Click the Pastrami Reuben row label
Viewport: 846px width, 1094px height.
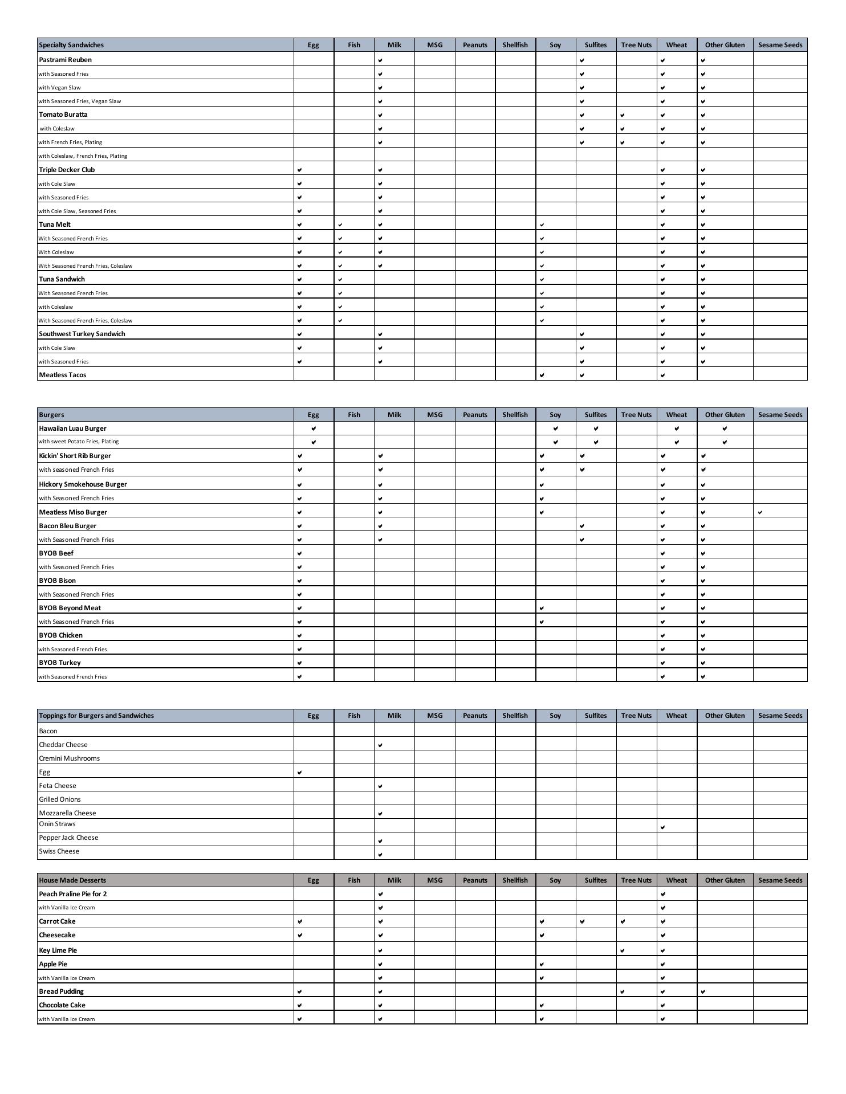(65, 60)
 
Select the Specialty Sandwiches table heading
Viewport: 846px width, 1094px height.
(71, 45)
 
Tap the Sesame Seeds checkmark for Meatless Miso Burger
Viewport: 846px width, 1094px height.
(760, 512)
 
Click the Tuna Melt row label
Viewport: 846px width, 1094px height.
(55, 224)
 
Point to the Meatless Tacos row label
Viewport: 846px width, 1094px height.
(63, 375)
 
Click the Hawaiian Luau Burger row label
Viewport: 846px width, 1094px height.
(72, 428)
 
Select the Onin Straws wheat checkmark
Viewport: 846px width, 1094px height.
(662, 827)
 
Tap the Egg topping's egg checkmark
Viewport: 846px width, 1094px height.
(300, 773)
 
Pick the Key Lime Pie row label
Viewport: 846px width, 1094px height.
(58, 950)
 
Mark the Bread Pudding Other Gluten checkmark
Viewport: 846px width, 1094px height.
(703, 991)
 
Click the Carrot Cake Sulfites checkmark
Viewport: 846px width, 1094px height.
(582, 921)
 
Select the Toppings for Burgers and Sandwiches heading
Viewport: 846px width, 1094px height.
(96, 716)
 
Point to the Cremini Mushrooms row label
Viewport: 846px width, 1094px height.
(69, 758)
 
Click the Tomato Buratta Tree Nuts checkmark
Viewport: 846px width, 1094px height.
(623, 115)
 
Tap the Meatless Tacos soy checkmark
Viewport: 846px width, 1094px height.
(542, 375)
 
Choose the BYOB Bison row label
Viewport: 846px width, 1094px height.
(57, 581)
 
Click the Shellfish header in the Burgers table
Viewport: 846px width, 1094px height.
(515, 415)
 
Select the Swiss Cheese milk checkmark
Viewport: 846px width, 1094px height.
(380, 854)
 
